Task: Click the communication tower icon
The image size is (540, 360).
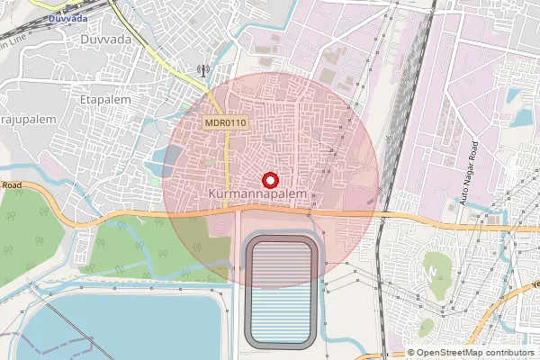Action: click(x=202, y=68)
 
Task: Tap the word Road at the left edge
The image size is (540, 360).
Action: click(x=11, y=185)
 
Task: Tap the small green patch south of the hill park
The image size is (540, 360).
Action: click(x=426, y=325)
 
